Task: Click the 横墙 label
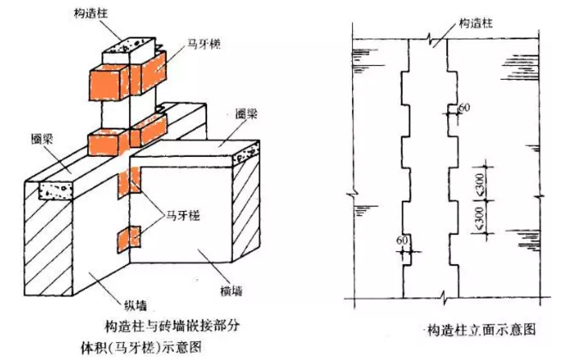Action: pos(231,291)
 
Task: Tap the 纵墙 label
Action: pos(136,305)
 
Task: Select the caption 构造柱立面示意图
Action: pos(482,329)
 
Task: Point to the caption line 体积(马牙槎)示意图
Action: pos(141,347)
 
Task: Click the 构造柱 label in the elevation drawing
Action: pos(475,23)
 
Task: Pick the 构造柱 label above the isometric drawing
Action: pos(91,14)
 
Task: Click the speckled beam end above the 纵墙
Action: pos(56,190)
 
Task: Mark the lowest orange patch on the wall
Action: pos(129,239)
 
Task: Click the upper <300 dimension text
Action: pos(481,184)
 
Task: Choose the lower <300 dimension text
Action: pos(481,217)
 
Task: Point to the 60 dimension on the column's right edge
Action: pos(464,108)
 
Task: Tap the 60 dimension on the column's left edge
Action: pos(402,240)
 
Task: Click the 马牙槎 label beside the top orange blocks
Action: pos(204,44)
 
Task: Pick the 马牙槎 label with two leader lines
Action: pos(183,215)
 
